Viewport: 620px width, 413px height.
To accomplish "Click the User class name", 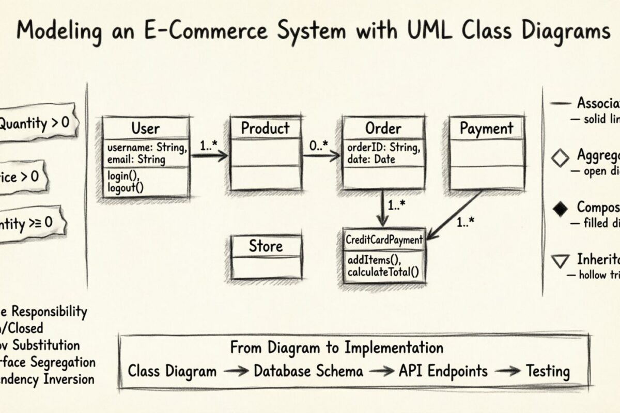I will (146, 128).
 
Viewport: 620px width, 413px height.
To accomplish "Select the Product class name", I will (266, 128).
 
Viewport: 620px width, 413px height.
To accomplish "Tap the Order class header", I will (383, 128).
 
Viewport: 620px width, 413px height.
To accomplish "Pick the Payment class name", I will (486, 128).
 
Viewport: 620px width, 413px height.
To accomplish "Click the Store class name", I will (266, 246).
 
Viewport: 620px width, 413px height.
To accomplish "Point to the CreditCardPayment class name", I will (383, 240).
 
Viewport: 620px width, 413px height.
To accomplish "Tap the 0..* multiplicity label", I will (319, 146).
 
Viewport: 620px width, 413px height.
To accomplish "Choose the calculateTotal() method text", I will (383, 272).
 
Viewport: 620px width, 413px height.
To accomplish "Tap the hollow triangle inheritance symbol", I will (560, 261).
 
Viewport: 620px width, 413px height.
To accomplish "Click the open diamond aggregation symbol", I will (560, 158).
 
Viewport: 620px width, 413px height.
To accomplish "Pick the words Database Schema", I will (308, 371).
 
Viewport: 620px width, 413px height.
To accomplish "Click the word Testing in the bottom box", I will (548, 371).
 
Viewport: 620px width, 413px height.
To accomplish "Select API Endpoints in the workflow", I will (443, 371).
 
